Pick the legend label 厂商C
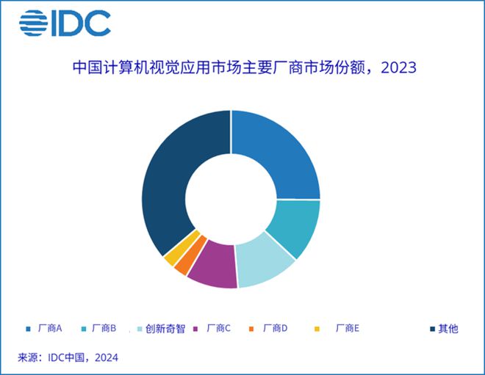pyautogui.click(x=219, y=328)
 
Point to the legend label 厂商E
pyautogui.click(x=347, y=328)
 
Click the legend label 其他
pyautogui.click(x=448, y=328)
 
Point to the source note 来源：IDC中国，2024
pyautogui.click(x=68, y=357)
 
